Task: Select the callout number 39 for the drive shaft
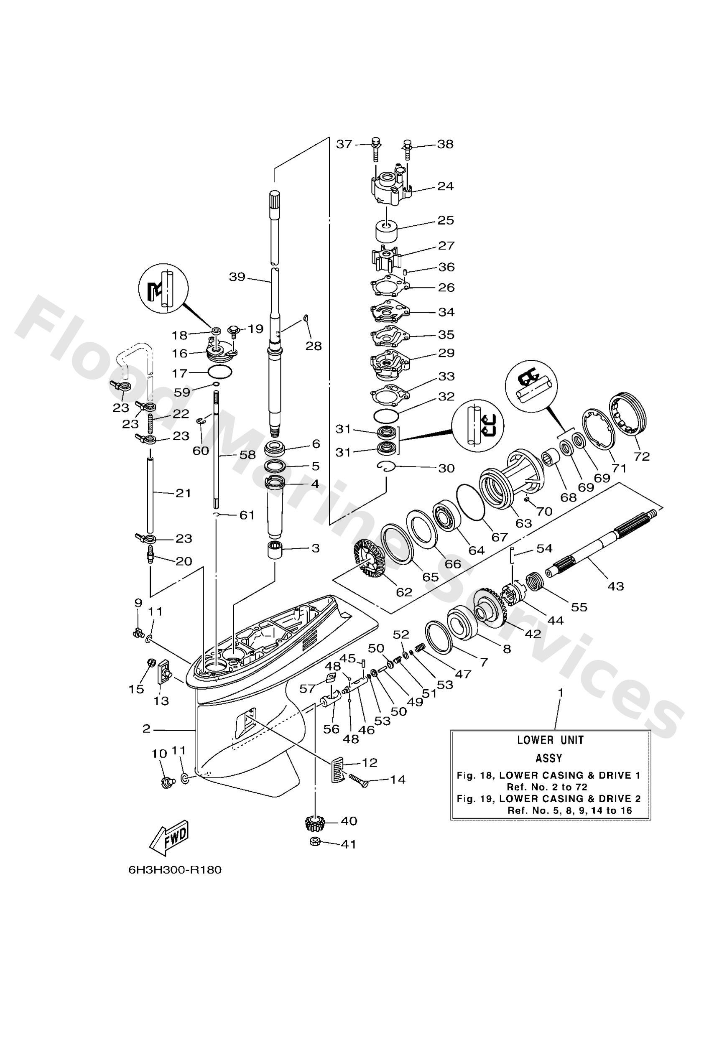[x=237, y=277]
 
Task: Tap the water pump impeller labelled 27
[x=387, y=257]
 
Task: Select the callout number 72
[x=642, y=456]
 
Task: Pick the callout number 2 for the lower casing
[x=146, y=728]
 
